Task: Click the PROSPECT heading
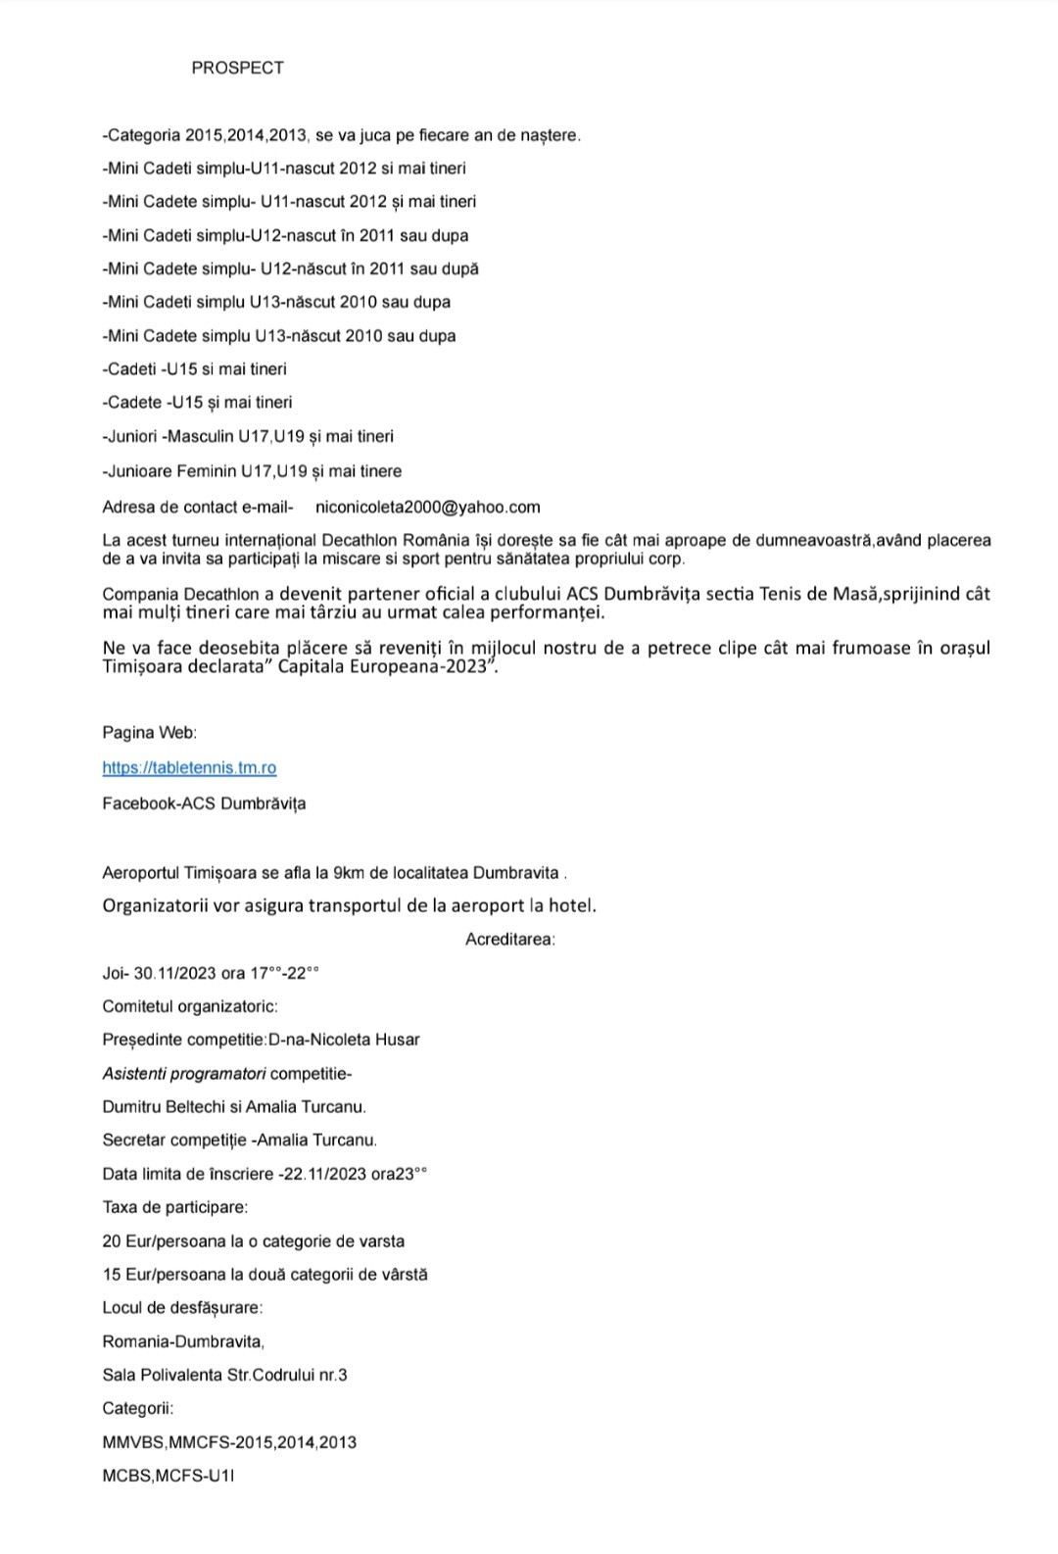237,68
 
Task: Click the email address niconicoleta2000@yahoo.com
427,507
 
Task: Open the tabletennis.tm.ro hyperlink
189,768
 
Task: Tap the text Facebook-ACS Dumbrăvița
204,803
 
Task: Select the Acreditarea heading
510,939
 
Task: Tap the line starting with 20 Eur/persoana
253,1241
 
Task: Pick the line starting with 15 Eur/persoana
264,1275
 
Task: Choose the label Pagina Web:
149,733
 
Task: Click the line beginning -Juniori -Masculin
248,436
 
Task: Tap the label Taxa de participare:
174,1207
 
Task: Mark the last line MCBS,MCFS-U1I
168,1476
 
